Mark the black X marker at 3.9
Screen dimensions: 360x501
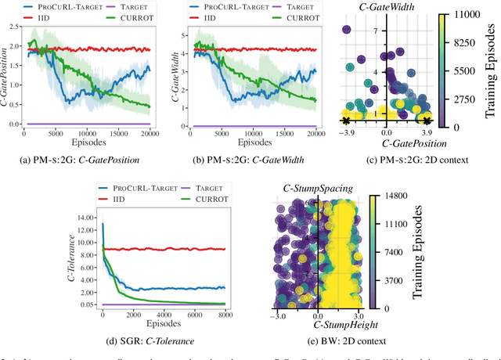click(427, 121)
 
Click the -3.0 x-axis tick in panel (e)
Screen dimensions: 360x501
click(279, 316)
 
